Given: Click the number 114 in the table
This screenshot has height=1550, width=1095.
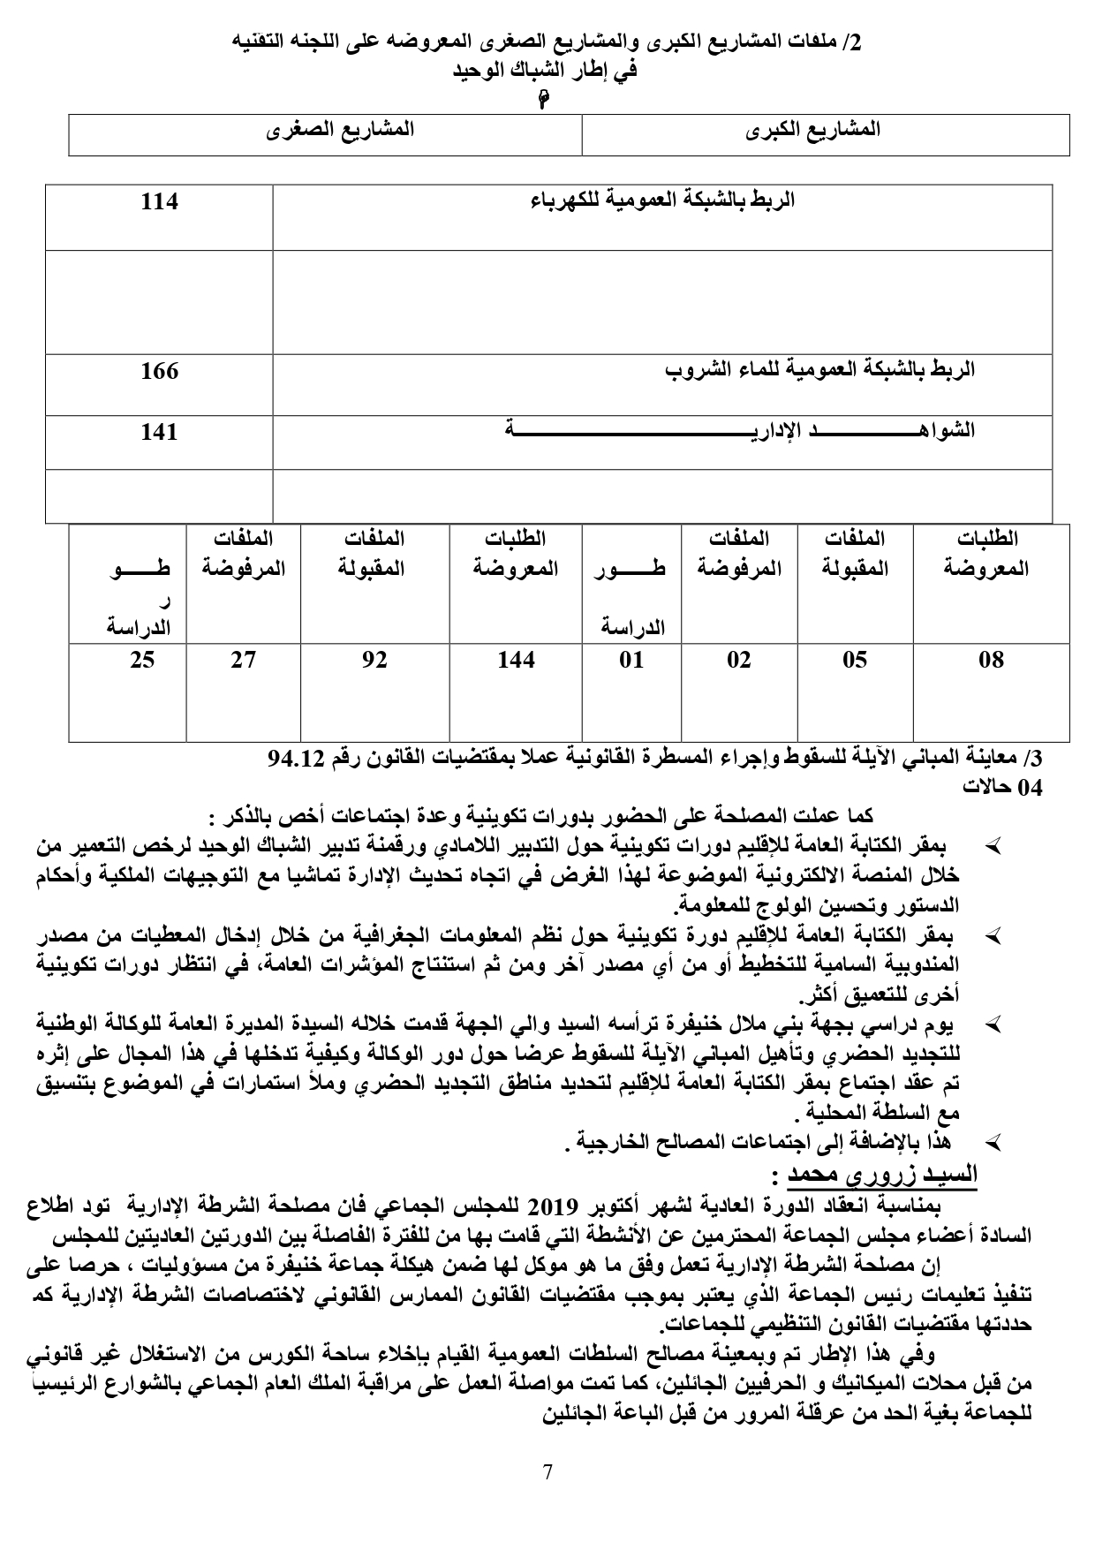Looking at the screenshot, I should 160,202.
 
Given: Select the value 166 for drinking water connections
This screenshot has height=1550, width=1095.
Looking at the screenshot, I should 160,371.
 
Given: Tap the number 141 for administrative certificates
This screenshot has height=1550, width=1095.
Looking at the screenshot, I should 160,432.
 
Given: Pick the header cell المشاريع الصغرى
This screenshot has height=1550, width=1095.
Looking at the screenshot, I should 341,130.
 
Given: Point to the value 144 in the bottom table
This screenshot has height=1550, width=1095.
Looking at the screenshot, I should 516,660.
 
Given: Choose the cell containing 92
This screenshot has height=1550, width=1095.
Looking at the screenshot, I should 374,660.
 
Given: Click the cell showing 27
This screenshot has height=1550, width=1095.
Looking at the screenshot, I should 244,660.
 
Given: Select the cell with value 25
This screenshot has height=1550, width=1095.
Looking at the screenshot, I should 142,660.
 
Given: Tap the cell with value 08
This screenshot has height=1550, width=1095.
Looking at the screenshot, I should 991,660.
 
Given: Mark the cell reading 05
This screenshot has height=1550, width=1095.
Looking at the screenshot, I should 854,660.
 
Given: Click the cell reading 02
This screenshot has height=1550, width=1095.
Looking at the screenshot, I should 738,660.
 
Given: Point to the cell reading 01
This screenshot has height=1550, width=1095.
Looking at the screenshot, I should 631,660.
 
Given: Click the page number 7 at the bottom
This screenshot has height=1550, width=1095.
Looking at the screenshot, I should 547,1472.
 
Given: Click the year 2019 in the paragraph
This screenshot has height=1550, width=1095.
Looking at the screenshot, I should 553,1207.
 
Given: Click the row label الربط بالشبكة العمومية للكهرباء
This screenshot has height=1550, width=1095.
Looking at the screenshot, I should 662,200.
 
